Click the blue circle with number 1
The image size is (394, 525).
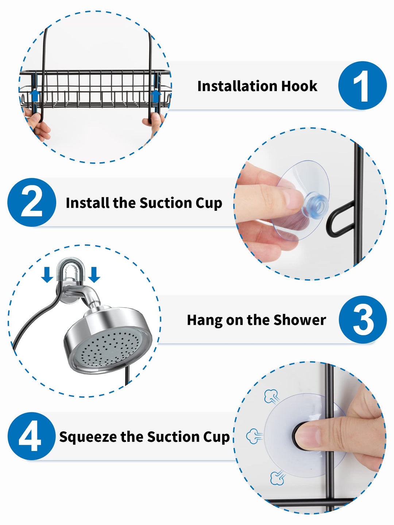pyautogui.click(x=362, y=86)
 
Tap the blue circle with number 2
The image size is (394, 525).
pyautogui.click(x=32, y=202)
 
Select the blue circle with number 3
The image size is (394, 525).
pyautogui.click(x=362, y=320)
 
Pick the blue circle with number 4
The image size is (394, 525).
pyautogui.click(x=31, y=436)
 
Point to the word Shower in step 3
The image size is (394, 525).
pyautogui.click(x=300, y=320)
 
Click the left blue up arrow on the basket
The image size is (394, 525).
pyautogui.click(x=35, y=96)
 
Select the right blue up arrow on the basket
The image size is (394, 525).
pyautogui.click(x=156, y=96)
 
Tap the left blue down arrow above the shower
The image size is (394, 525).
pyautogui.click(x=47, y=274)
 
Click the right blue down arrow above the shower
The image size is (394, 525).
pyautogui.click(x=94, y=274)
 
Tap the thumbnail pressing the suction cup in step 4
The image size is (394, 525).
pyautogui.click(x=308, y=436)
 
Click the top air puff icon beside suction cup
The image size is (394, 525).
pyautogui.click(x=272, y=396)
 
